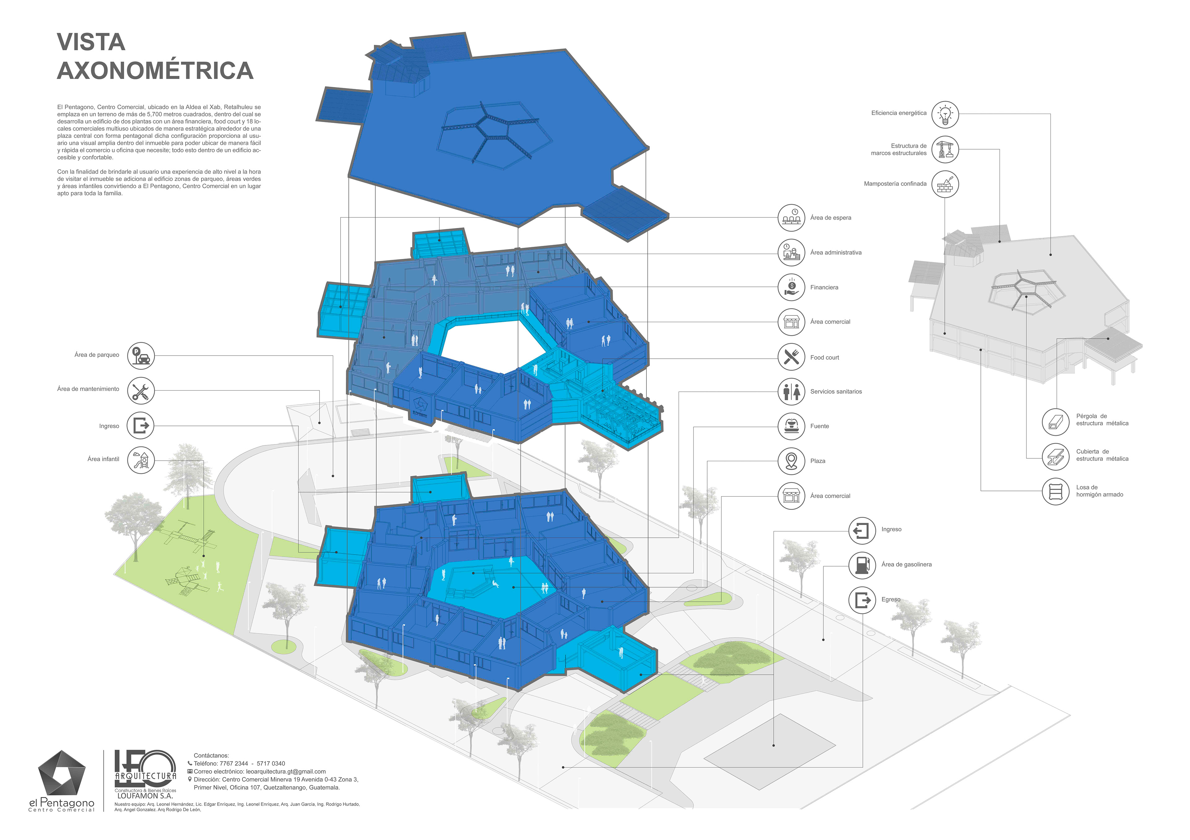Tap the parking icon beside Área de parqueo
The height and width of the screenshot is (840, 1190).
click(x=140, y=356)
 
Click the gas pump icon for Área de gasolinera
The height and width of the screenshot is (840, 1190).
click(x=862, y=564)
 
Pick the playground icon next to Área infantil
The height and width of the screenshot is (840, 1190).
click(x=140, y=460)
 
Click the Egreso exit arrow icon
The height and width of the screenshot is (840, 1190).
click(x=862, y=600)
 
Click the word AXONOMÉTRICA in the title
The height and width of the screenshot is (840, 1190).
click(x=155, y=71)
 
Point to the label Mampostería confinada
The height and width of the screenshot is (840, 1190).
click(x=895, y=184)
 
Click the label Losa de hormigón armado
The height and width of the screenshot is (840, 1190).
click(x=1099, y=491)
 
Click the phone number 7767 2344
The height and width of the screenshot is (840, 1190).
click(x=233, y=763)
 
